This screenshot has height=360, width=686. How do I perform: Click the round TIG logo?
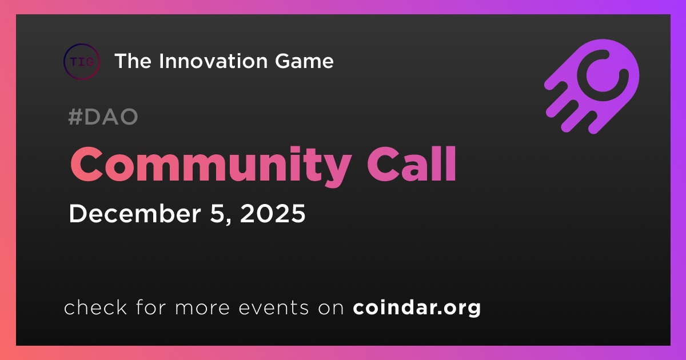82,62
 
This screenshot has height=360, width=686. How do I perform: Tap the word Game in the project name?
304,61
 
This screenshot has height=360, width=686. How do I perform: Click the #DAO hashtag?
103,117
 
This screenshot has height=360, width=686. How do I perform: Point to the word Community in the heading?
211,166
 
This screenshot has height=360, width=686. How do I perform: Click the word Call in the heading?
412,164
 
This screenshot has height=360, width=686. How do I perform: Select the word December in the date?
135,213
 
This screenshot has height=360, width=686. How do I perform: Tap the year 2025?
273,214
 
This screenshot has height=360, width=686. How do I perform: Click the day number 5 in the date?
217,214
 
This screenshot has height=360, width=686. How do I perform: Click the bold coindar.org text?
417,307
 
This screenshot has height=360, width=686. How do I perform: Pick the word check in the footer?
95,307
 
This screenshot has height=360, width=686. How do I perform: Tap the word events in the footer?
274,308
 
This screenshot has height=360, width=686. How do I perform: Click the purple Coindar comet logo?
592,87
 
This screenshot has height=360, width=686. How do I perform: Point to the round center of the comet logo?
601,75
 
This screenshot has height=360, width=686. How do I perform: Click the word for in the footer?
151,307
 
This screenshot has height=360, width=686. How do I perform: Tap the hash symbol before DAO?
75,117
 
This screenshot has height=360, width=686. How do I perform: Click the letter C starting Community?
87,164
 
